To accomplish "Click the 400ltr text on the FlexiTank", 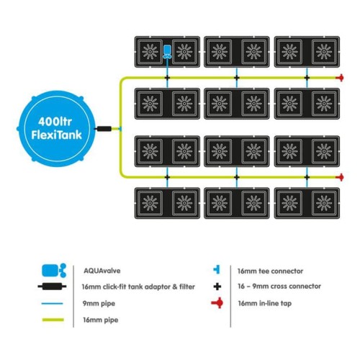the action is click(x=55, y=122).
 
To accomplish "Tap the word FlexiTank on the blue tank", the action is click(x=57, y=135).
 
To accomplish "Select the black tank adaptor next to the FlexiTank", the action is click(x=104, y=129).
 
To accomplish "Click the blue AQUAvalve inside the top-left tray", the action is click(x=167, y=52).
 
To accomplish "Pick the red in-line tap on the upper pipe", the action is click(x=340, y=78).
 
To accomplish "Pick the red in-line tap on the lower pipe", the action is click(x=340, y=177).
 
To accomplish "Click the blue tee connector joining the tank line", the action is click(x=120, y=129).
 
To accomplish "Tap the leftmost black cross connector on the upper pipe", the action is click(x=167, y=78).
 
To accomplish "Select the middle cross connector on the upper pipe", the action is click(x=237, y=78).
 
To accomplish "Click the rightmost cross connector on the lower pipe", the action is click(x=307, y=177).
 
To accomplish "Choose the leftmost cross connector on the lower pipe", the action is click(x=167, y=177).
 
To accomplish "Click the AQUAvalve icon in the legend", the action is click(x=54, y=271).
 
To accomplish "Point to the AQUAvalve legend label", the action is click(x=102, y=271).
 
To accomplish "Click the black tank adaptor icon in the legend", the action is click(x=52, y=287).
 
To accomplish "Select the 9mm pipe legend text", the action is click(x=99, y=304).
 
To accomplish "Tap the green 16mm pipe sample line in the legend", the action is click(x=53, y=320).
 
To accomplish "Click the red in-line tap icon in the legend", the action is click(x=217, y=303).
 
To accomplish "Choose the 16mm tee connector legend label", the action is click(x=270, y=271).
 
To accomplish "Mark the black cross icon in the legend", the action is click(x=217, y=287).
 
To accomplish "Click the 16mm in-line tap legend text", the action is click(x=265, y=303).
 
